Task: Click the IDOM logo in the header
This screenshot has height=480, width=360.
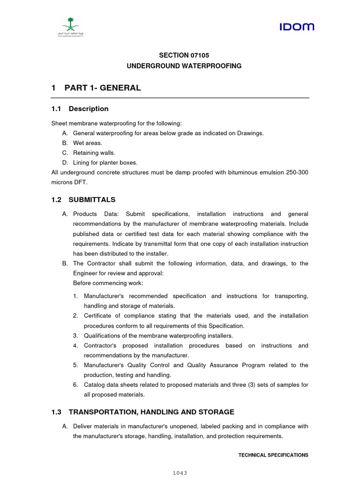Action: pyautogui.click(x=297, y=27)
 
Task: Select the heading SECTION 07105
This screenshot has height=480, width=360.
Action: pyautogui.click(x=184, y=55)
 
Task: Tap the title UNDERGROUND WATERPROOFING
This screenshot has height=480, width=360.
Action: pyautogui.click(x=184, y=66)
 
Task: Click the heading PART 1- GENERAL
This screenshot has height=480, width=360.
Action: pyautogui.click(x=103, y=88)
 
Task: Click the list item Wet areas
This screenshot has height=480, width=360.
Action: pyautogui.click(x=87, y=143)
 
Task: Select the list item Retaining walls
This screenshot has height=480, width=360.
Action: pyautogui.click(x=94, y=153)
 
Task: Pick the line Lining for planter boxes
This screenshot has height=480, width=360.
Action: pyautogui.click(x=105, y=163)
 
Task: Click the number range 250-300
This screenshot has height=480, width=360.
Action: pyautogui.click(x=297, y=172)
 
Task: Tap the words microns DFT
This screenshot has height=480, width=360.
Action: pyautogui.click(x=69, y=182)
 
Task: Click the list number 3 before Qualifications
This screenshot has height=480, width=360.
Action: pyautogui.click(x=75, y=336)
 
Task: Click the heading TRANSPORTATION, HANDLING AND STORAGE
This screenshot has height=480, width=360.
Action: pyautogui.click(x=151, y=412)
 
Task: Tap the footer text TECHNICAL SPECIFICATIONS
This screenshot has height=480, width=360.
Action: pyautogui.click(x=273, y=455)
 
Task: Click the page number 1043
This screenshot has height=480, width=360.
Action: pyautogui.click(x=180, y=473)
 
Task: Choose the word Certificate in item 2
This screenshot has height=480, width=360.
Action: pyautogui.click(x=99, y=316)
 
